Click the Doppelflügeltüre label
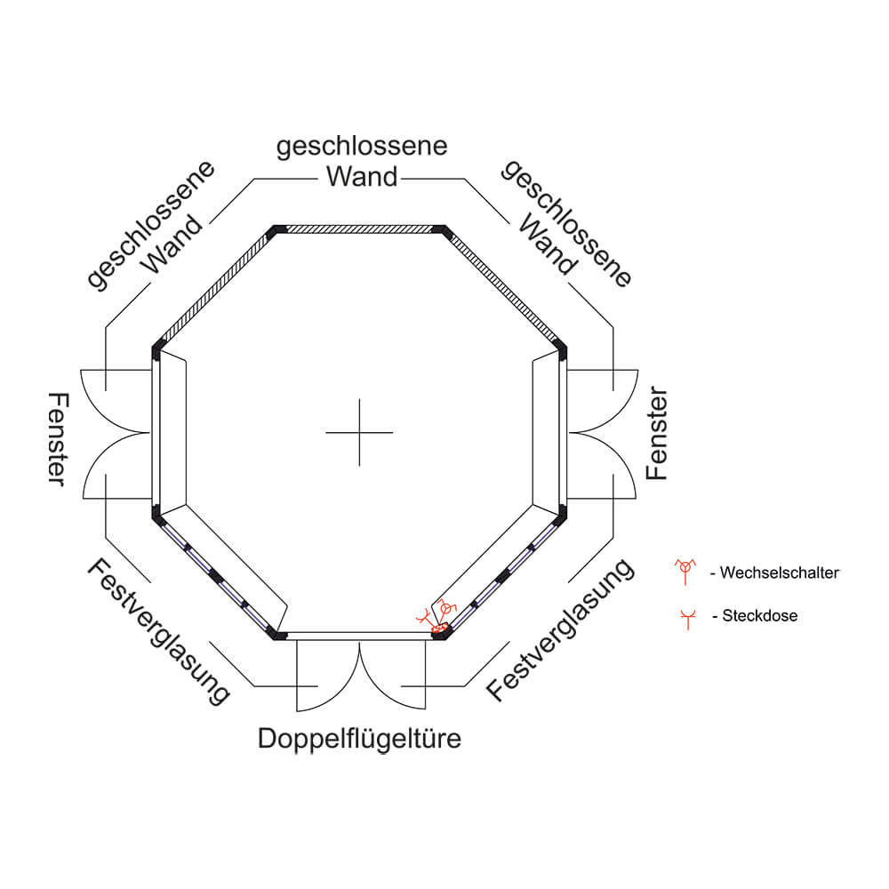(359, 739)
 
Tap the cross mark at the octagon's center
(359, 433)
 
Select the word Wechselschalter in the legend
(780, 573)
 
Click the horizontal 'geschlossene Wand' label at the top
(362, 161)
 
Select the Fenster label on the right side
(657, 433)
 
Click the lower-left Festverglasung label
(158, 632)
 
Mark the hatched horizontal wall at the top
(359, 228)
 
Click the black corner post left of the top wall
(278, 229)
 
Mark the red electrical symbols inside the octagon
(436, 615)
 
